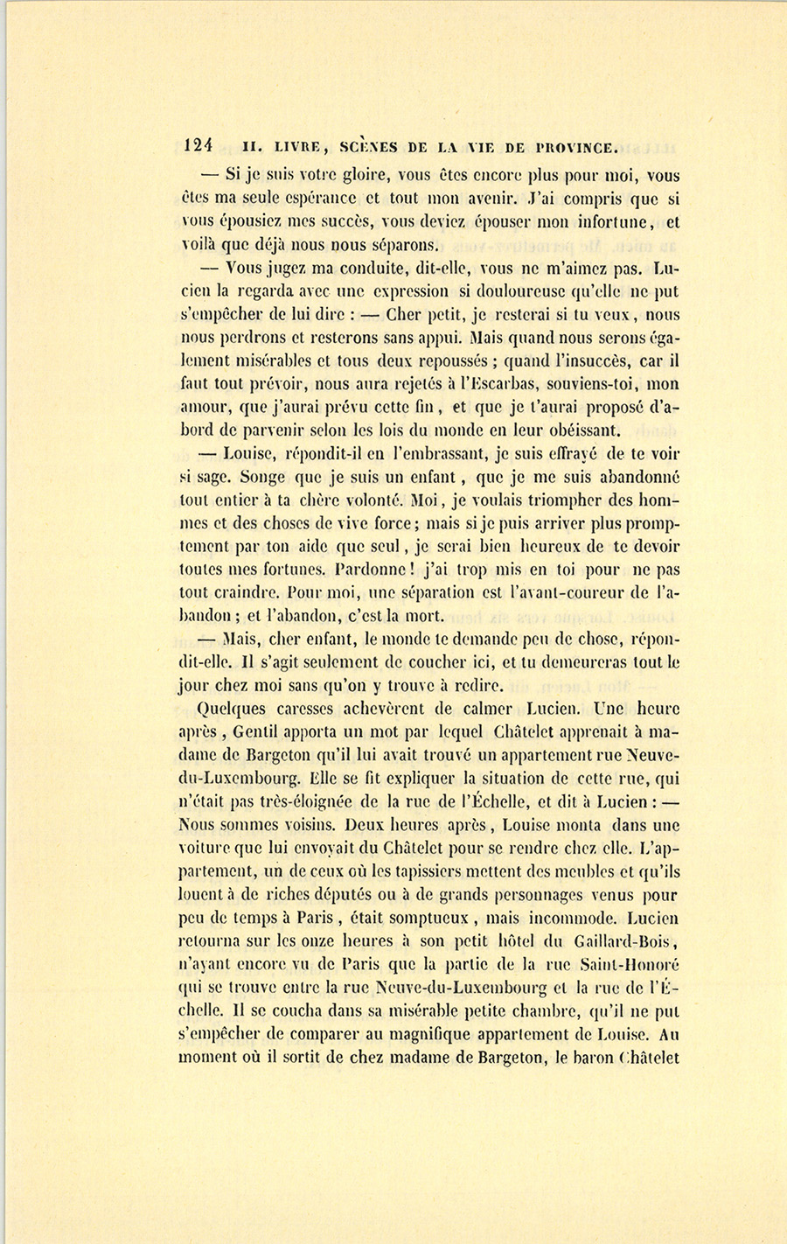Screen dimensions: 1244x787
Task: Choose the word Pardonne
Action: (x=381, y=570)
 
